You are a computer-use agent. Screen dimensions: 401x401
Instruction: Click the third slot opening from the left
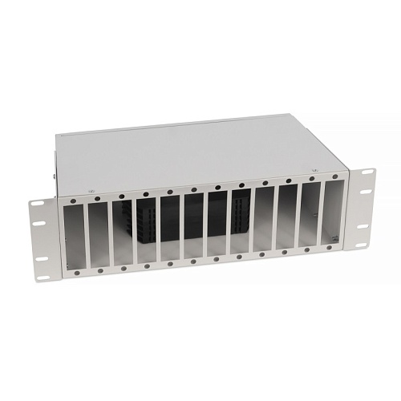pos(124,233)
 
